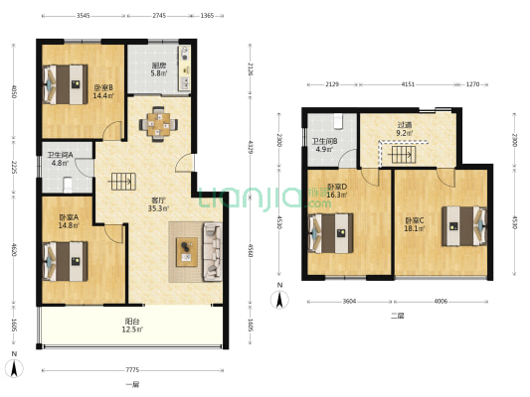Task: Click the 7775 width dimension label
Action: tap(132, 370)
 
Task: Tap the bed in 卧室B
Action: tap(65, 84)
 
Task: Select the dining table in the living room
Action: tap(158, 124)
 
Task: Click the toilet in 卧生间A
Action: tap(68, 186)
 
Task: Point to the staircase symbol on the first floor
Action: tap(122, 182)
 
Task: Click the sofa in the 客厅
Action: tap(212, 252)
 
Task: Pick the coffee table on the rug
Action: tap(187, 252)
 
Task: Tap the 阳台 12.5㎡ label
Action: tap(132, 326)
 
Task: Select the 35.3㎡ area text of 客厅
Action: tap(158, 208)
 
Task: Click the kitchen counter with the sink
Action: tap(185, 68)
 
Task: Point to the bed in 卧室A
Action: tap(65, 261)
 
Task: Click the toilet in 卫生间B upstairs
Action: tap(338, 121)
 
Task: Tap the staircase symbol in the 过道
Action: tap(402, 155)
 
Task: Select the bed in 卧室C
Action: tap(464, 226)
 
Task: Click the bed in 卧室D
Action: tap(331, 233)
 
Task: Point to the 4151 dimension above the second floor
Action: tap(408, 84)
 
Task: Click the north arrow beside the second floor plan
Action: tap(279, 299)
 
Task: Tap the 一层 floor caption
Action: tap(132, 384)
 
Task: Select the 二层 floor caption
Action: tap(397, 316)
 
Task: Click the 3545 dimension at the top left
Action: tap(84, 16)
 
